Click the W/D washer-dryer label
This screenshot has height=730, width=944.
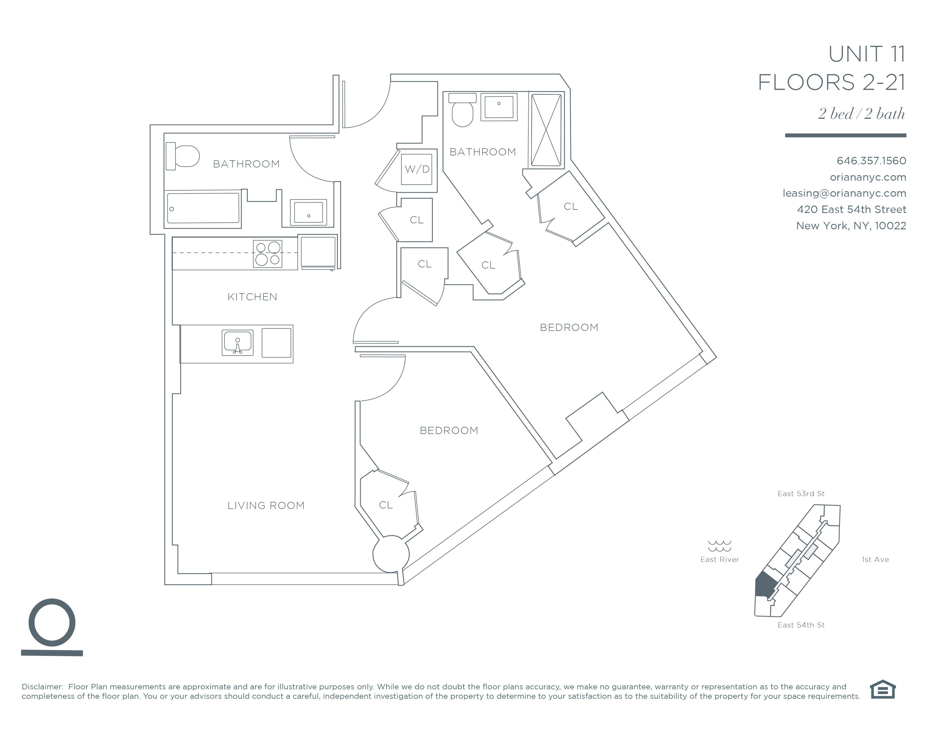pos(417,169)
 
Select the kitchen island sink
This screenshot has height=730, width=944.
pos(237,342)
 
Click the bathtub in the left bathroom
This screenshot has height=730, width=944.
pos(203,208)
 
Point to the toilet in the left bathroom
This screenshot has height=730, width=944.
pos(183,156)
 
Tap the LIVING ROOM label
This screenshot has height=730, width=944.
pos(266,506)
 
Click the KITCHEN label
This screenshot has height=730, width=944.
pos(252,297)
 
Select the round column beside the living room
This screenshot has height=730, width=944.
pos(391,554)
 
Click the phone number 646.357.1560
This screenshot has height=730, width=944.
pos(871,161)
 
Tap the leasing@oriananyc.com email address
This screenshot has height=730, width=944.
pos(844,193)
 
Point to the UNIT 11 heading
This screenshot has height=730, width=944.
pos(867,54)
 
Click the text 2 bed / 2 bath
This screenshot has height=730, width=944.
pos(861,114)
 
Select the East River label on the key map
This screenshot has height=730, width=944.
pos(720,560)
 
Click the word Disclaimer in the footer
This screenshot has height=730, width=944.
pos(42,687)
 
